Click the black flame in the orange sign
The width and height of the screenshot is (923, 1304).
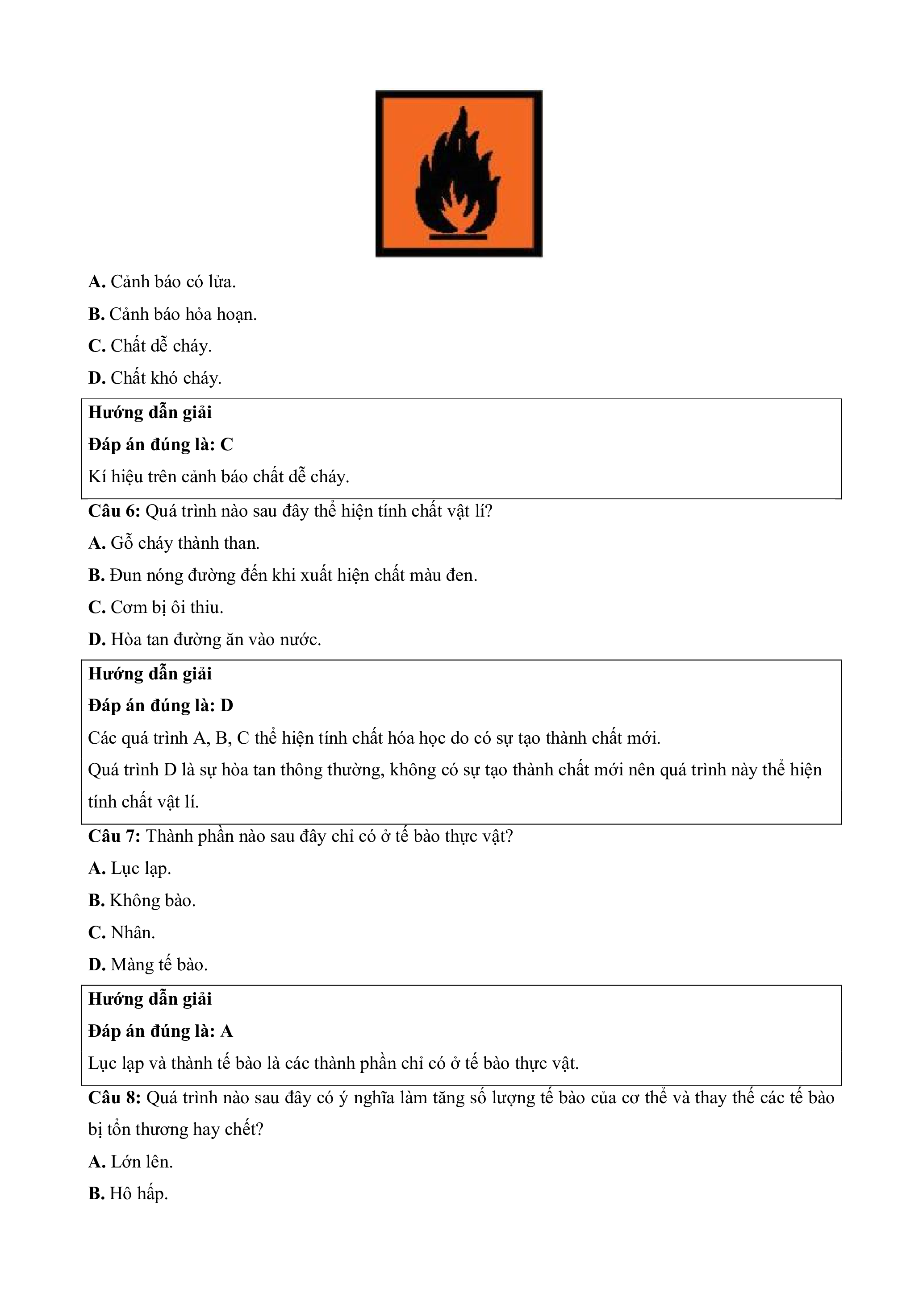pyautogui.click(x=455, y=176)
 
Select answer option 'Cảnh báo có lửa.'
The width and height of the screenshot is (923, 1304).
pyautogui.click(x=162, y=281)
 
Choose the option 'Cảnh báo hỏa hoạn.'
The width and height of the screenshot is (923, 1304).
pyautogui.click(x=172, y=314)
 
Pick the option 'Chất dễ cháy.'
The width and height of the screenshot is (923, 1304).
pyautogui.click(x=150, y=346)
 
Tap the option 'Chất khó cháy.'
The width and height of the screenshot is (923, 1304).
pyautogui.click(x=155, y=378)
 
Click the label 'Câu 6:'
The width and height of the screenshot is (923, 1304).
pyautogui.click(x=114, y=511)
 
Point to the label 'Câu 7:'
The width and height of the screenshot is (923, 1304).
pyautogui.click(x=114, y=836)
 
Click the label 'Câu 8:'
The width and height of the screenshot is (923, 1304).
pyautogui.click(x=114, y=1097)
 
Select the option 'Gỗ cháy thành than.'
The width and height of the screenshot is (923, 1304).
pyautogui.click(x=174, y=543)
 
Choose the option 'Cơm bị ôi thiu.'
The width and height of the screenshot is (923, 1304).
pyautogui.click(x=156, y=608)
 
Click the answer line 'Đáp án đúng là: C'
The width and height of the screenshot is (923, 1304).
pyautogui.click(x=161, y=445)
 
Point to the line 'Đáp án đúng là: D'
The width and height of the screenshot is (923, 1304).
pyautogui.click(x=161, y=706)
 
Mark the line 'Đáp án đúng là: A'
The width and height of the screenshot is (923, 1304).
pyautogui.click(x=161, y=1031)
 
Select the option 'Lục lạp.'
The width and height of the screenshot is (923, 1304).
pyautogui.click(x=129, y=869)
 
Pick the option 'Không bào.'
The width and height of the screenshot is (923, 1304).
pyautogui.click(x=142, y=901)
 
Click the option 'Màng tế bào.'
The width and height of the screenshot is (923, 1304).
pyautogui.click(x=148, y=965)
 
